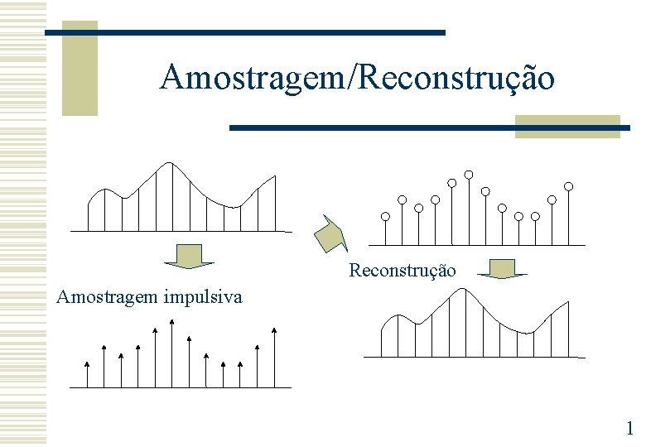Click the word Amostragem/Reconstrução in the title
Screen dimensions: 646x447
click(x=357, y=77)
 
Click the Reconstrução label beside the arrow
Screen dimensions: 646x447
click(x=403, y=271)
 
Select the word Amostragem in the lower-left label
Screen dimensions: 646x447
click(x=104, y=296)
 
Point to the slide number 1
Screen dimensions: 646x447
click(x=629, y=428)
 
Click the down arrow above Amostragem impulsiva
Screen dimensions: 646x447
click(x=190, y=256)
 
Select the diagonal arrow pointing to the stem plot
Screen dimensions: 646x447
click(x=330, y=233)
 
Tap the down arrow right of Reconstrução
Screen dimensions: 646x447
click(x=501, y=269)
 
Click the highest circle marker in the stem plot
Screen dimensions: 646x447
click(x=469, y=174)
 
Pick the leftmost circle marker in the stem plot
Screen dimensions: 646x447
click(x=385, y=217)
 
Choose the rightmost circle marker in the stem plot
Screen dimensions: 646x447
click(x=569, y=185)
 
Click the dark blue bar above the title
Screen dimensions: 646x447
click(x=244, y=32)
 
